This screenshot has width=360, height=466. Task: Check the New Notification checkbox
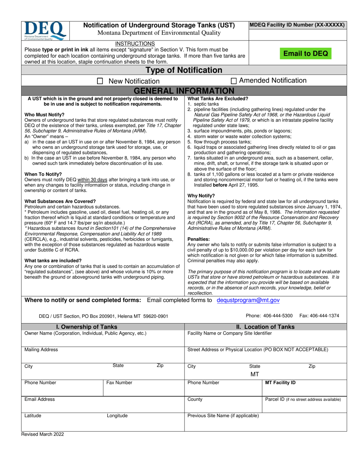(x=100, y=81)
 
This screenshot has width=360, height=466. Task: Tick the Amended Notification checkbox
(x=234, y=81)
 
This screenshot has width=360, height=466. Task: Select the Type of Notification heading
(x=184, y=70)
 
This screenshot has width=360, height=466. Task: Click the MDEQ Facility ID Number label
(x=297, y=25)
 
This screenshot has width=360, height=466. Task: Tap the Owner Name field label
(x=85, y=333)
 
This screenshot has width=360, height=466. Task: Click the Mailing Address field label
(x=41, y=350)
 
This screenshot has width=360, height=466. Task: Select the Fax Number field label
(x=119, y=383)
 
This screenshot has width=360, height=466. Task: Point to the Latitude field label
(x=33, y=416)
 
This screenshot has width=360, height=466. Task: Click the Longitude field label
(x=117, y=416)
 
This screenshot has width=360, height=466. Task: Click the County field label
(x=195, y=399)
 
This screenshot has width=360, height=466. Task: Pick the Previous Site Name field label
(x=223, y=416)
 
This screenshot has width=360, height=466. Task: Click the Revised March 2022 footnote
(x=42, y=435)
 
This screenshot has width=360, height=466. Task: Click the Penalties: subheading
(x=199, y=239)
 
